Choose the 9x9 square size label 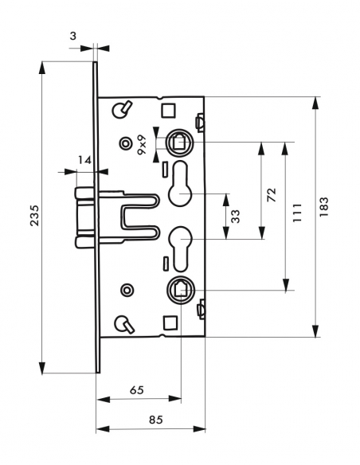141,144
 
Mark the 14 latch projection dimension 84,160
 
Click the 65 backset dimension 137,390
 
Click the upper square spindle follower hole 180,143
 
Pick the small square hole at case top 168,109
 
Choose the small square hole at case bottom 168,322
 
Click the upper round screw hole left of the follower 125,143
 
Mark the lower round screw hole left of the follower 125,289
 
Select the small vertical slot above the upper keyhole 164,170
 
